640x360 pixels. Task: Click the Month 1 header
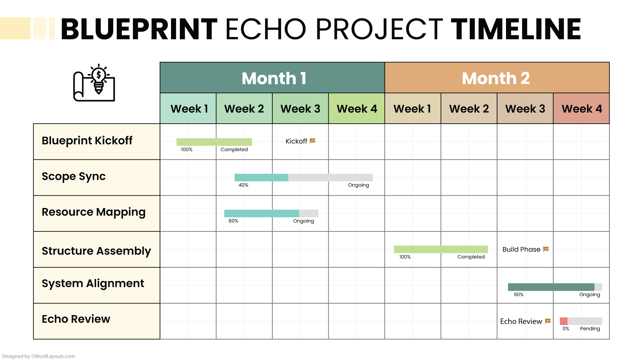[272, 78]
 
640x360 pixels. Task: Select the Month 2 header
[497, 78]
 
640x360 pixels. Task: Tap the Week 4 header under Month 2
[581, 109]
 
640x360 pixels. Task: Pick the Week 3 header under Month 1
[300, 109]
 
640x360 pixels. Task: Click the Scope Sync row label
[74, 176]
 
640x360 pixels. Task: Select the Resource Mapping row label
[93, 212]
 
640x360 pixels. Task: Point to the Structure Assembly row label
[96, 251]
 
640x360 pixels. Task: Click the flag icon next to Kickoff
[312, 141]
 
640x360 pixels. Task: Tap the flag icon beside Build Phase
[546, 249]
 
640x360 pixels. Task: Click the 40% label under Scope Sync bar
[243, 185]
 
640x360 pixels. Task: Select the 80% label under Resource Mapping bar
[233, 221]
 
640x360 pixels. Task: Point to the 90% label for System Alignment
[519, 295]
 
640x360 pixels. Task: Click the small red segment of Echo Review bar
[563, 321]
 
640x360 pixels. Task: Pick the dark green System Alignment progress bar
[551, 287]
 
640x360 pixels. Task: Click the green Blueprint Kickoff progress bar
[214, 142]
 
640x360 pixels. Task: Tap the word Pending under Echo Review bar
[590, 329]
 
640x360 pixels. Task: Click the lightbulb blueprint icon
[94, 83]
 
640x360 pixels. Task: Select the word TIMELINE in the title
[516, 29]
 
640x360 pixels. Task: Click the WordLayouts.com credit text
[38, 356]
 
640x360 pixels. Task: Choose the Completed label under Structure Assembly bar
[471, 257]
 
